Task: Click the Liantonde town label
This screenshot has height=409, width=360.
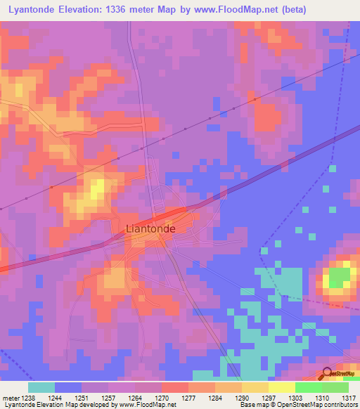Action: tap(150, 228)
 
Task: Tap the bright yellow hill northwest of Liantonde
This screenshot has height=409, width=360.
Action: tap(96, 188)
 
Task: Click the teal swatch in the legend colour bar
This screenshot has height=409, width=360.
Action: tap(41, 387)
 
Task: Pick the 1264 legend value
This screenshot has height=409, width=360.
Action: tap(134, 398)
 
